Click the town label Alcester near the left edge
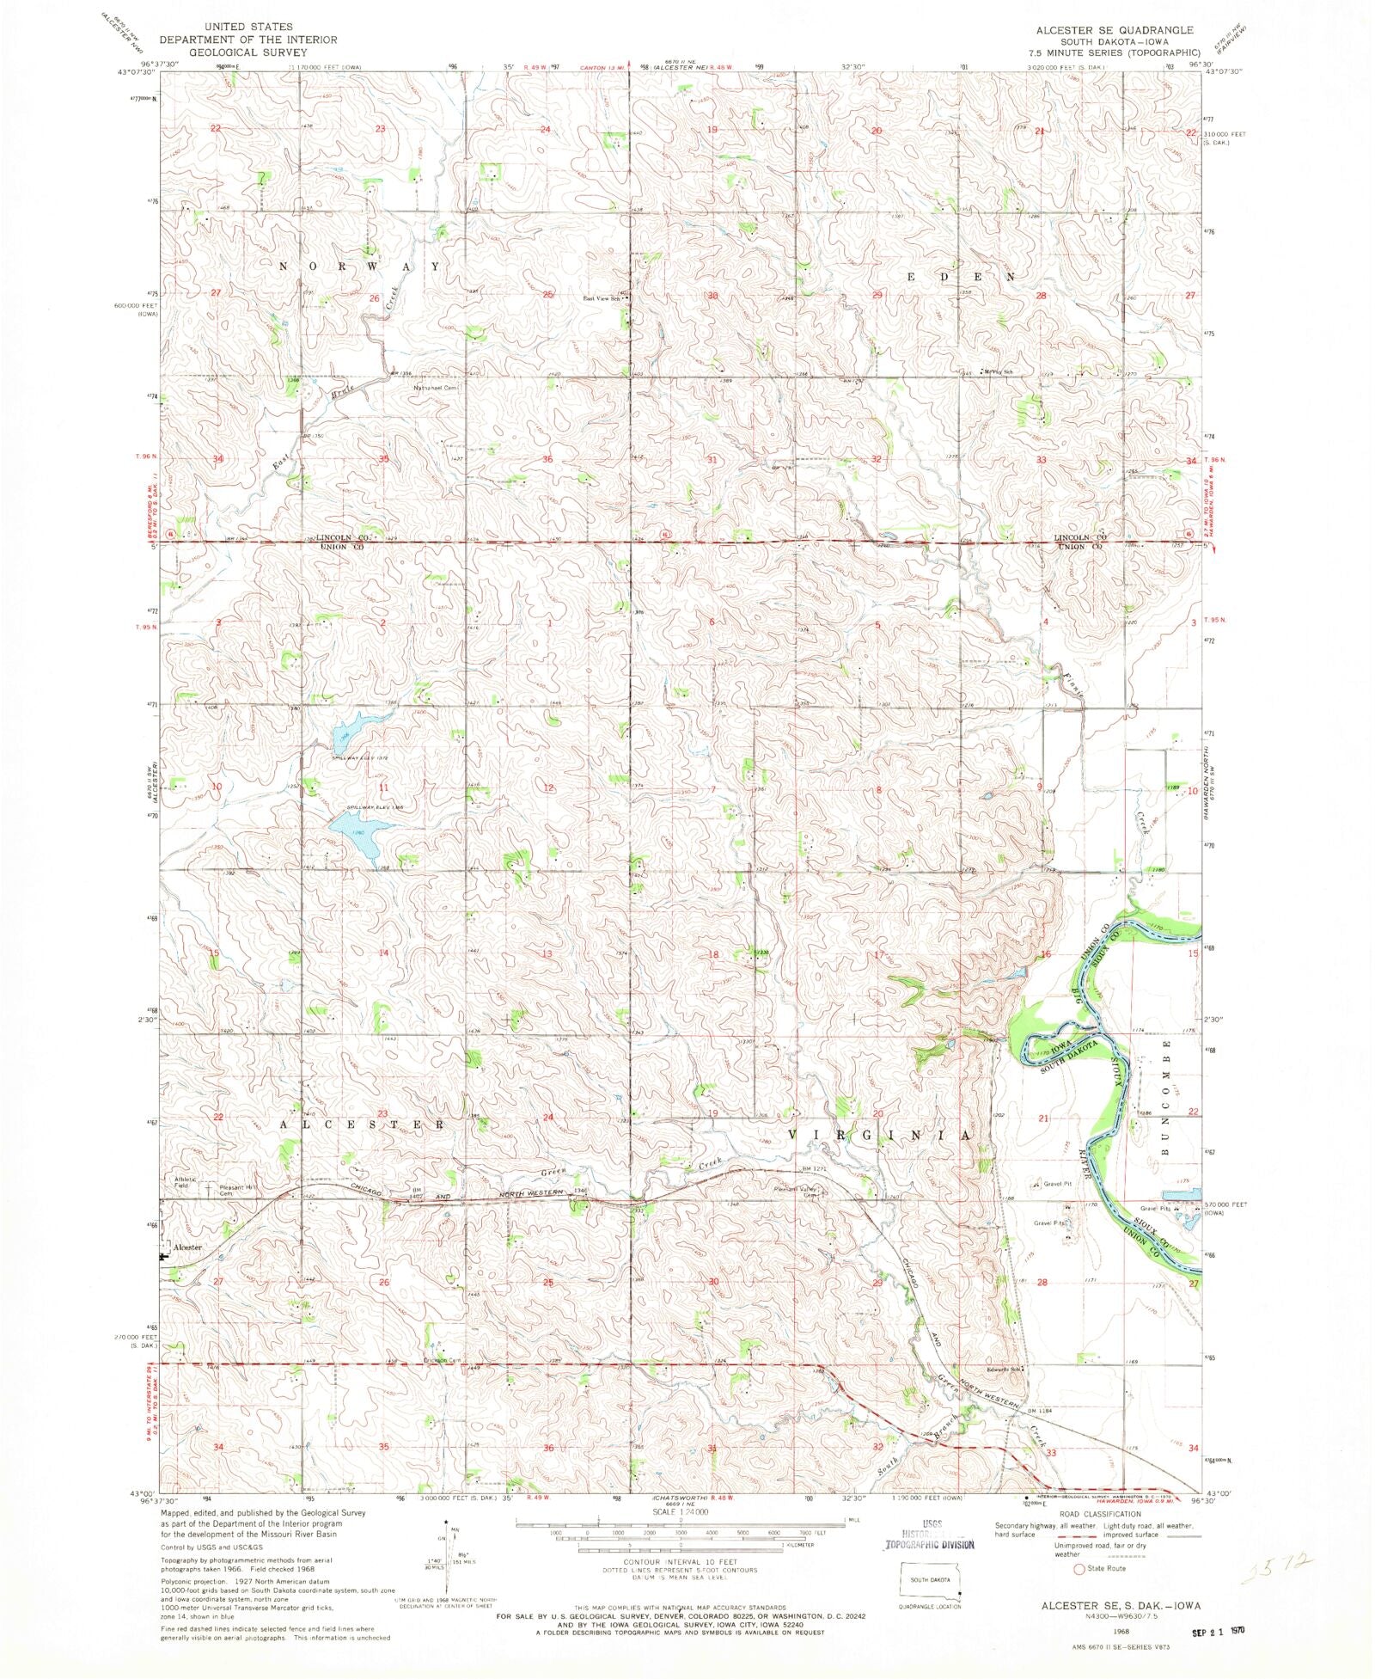coord(186,1247)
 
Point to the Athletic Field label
coord(186,1182)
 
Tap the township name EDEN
coord(962,277)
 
